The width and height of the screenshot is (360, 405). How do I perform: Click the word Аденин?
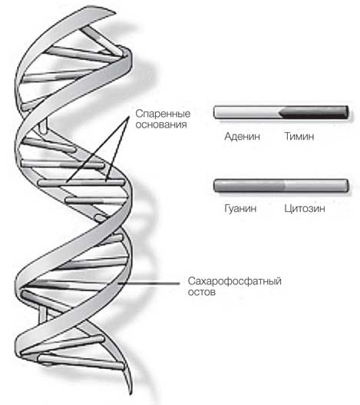click(242, 136)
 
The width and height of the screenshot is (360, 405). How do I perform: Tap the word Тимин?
click(299, 136)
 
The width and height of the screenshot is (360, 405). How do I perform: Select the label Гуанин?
click(240, 208)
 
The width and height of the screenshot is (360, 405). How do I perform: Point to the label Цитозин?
click(305, 208)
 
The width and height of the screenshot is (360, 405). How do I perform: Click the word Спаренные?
click(163, 114)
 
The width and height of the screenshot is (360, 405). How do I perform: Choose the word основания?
click(161, 124)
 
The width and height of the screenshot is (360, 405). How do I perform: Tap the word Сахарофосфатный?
click(235, 281)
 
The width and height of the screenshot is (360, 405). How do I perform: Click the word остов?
click(202, 292)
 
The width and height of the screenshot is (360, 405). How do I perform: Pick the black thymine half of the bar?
click(314, 112)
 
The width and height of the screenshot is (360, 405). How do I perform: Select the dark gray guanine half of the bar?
click(249, 185)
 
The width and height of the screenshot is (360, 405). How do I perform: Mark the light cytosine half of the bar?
click(316, 185)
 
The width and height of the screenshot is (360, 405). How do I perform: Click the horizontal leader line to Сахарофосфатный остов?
click(149, 284)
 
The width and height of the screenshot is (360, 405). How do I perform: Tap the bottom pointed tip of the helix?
click(131, 394)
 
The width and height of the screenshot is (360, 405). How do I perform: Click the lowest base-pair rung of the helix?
click(81, 362)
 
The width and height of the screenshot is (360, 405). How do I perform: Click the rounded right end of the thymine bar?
click(348, 112)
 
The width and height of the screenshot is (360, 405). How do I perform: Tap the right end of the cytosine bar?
click(348, 185)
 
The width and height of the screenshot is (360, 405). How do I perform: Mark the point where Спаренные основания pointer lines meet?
click(128, 118)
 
